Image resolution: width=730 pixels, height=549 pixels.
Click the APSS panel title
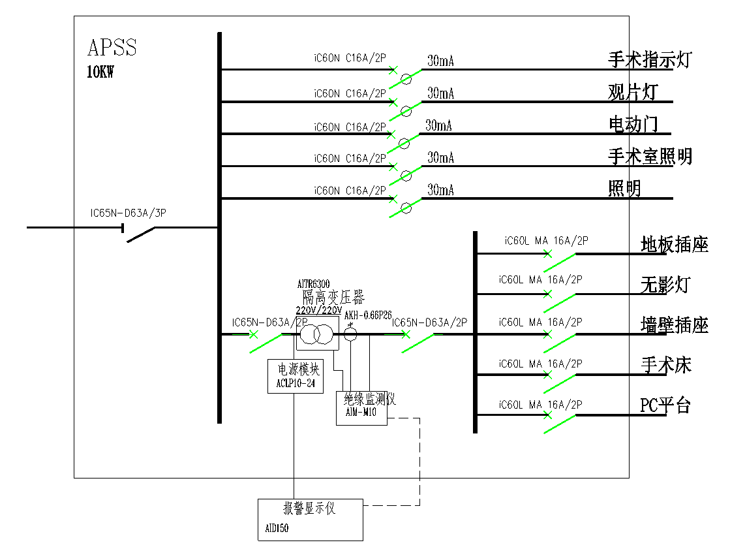[x=112, y=48]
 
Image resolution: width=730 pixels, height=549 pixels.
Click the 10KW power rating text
[x=100, y=72]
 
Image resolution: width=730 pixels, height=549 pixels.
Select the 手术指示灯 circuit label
[x=649, y=60]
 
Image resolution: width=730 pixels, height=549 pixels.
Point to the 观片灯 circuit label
[x=632, y=92]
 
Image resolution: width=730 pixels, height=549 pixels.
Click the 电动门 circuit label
[x=633, y=124]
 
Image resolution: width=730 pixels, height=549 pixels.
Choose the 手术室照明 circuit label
[x=650, y=156]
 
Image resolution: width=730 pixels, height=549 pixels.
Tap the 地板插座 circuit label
[x=675, y=245]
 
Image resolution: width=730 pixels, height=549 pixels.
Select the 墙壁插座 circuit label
[x=675, y=325]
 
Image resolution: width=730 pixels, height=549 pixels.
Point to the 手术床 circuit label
[x=665, y=365]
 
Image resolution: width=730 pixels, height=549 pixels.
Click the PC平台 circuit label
[x=665, y=405]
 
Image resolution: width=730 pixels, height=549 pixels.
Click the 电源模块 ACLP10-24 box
[x=296, y=376]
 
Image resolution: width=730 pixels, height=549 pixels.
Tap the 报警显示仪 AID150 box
[x=310, y=519]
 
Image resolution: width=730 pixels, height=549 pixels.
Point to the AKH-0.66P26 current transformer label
[x=368, y=315]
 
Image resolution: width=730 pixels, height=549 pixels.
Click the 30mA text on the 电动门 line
[x=438, y=125]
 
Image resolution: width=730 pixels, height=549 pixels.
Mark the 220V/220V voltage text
[x=318, y=310]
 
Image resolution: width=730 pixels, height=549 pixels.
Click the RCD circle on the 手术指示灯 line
[x=406, y=79]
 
